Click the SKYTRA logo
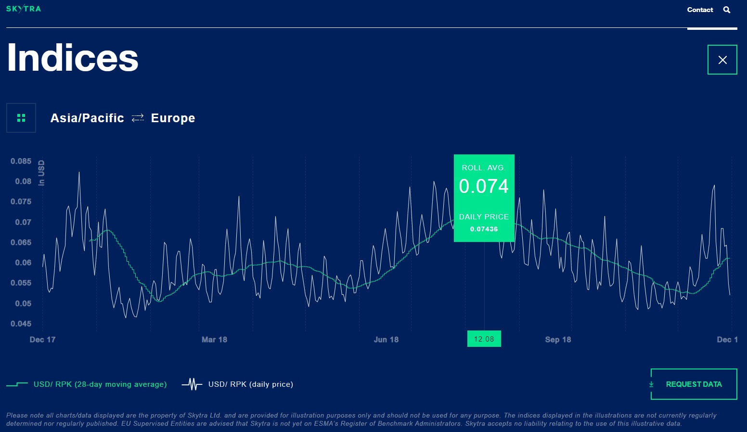pyautogui.click(x=24, y=9)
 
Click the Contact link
pyautogui.click(x=700, y=10)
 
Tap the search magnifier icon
pyautogui.click(x=727, y=10)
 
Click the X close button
pyautogui.click(x=722, y=60)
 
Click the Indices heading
pyautogui.click(x=73, y=58)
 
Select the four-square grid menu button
pyautogui.click(x=21, y=118)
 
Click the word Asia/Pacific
pyautogui.click(x=87, y=118)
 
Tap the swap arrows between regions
pyautogui.click(x=138, y=118)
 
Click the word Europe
pyautogui.click(x=173, y=118)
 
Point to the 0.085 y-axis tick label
pyautogui.click(x=21, y=161)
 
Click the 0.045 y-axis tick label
pyautogui.click(x=21, y=324)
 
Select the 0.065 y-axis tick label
pyautogui.click(x=21, y=242)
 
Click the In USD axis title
pyautogui.click(x=41, y=173)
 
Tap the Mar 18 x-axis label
pyautogui.click(x=214, y=340)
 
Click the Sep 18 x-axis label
pyautogui.click(x=558, y=340)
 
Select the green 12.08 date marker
pyautogui.click(x=484, y=339)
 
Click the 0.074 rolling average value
pyautogui.click(x=484, y=186)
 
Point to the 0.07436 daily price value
pyautogui.click(x=484, y=229)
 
